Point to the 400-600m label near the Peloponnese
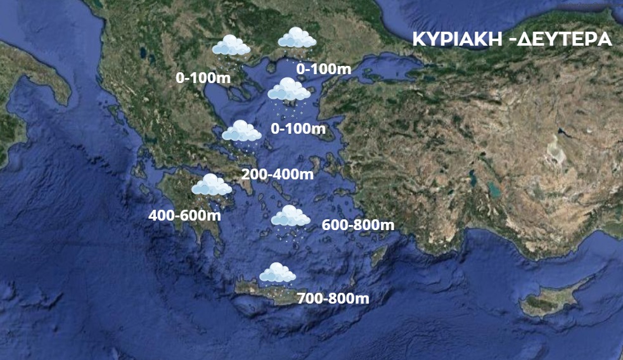coord(184,215)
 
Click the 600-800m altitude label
coord(358,225)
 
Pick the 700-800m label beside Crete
coord(333,298)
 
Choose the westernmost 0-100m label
coord(202,78)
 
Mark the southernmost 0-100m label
coord(298,129)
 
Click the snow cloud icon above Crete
coord(278,273)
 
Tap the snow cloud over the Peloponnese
coord(211,185)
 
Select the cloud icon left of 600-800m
coord(290,217)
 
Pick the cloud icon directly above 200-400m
coord(241,132)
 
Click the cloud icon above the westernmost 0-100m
coord(231,46)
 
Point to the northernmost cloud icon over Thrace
coord(297,38)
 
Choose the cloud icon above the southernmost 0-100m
coord(288,90)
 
